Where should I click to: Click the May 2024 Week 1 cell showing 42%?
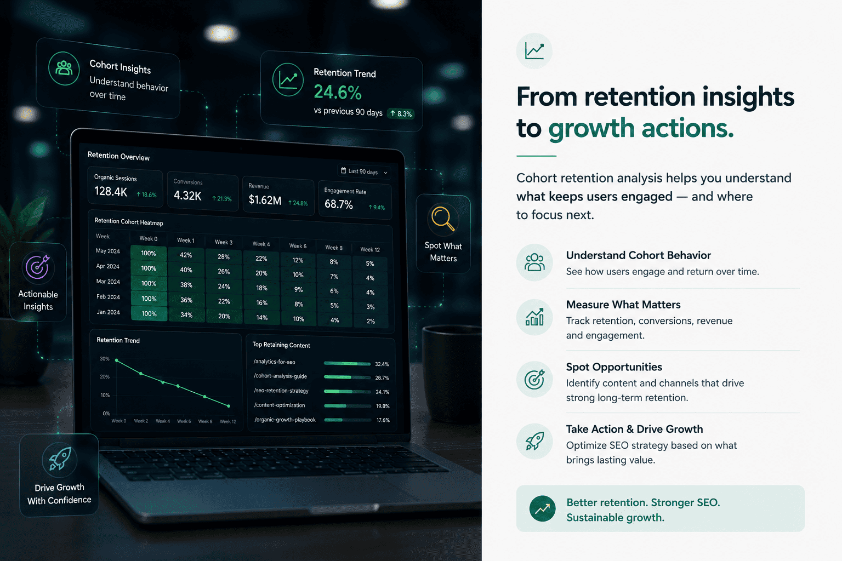pyautogui.click(x=186, y=255)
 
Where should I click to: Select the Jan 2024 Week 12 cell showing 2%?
pyautogui.click(x=371, y=321)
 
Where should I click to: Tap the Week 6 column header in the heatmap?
pyautogui.click(x=298, y=246)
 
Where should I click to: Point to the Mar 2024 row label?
pyautogui.click(x=108, y=282)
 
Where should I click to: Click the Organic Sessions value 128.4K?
pyautogui.click(x=111, y=192)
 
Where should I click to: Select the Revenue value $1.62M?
pyautogui.click(x=265, y=200)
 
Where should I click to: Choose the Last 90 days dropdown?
pyautogui.click(x=364, y=171)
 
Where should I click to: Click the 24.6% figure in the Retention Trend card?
pyautogui.click(x=338, y=93)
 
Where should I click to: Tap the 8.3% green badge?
pyautogui.click(x=401, y=113)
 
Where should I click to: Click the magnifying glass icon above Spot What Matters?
pyautogui.click(x=443, y=218)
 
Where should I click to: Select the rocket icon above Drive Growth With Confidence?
pyautogui.click(x=60, y=459)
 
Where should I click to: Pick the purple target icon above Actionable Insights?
pyautogui.click(x=38, y=266)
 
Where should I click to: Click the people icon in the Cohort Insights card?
pyautogui.click(x=64, y=68)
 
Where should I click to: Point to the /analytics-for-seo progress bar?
pyautogui.click(x=347, y=363)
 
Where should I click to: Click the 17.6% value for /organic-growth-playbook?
pyautogui.click(x=383, y=420)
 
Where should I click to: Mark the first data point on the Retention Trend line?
pyautogui.click(x=117, y=360)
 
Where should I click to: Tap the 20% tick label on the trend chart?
pyautogui.click(x=105, y=376)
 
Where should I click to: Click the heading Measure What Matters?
pyautogui.click(x=623, y=305)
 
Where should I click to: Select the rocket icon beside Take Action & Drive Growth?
pyautogui.click(x=534, y=441)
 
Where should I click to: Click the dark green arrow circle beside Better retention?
pyautogui.click(x=542, y=508)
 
